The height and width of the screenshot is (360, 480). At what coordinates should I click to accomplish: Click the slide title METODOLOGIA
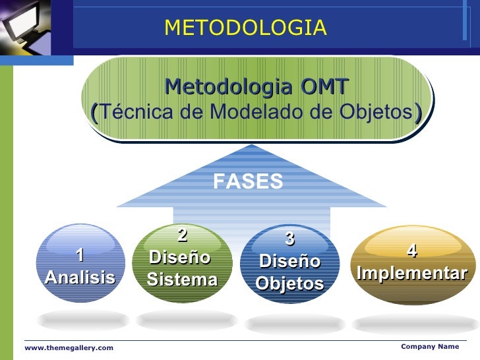245,28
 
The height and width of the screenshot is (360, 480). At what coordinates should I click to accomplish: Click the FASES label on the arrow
249,182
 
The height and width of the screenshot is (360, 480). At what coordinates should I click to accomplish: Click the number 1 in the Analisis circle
80,255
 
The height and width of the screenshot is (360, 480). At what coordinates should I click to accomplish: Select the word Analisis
80,278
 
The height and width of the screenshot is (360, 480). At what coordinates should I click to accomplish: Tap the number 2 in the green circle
183,235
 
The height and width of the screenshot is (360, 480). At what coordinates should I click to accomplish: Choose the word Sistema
182,280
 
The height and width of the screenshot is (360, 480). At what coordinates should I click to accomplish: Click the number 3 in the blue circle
289,239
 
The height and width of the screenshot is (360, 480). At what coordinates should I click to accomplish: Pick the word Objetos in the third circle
289,284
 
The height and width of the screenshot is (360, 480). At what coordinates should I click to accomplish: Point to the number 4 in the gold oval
411,251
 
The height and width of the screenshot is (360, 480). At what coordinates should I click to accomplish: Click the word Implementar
411,273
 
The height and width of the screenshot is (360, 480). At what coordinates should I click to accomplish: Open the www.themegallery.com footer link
69,347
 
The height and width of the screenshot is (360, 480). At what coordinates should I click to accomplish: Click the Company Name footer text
429,346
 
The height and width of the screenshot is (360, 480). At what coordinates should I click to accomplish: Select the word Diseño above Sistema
179,256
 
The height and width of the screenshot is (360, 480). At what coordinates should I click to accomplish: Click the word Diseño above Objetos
289,262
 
